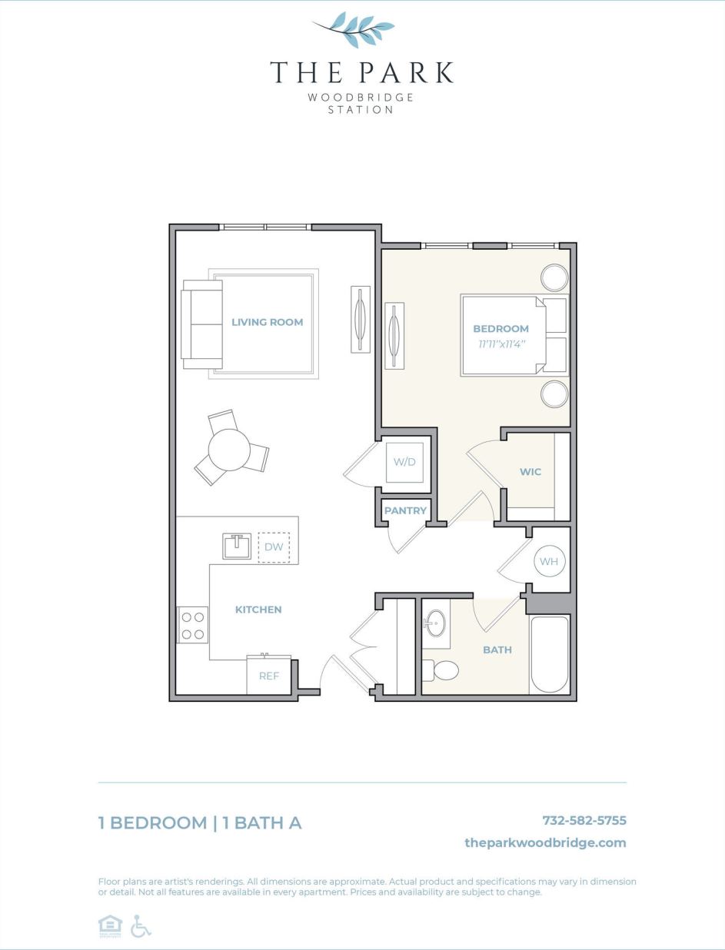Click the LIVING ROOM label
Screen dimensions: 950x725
(267, 322)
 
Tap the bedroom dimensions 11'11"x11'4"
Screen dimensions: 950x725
(501, 344)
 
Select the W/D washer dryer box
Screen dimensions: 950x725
(404, 463)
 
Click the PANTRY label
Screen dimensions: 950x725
(405, 510)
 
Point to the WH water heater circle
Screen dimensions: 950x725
(548, 561)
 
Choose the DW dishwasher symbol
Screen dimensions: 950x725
(274, 547)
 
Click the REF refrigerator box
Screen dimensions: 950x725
(268, 676)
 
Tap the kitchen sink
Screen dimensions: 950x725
(238, 546)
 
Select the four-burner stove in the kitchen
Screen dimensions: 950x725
(193, 625)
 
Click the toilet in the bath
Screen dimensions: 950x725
(441, 670)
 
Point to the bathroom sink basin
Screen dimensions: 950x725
(437, 623)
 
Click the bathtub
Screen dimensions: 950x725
(549, 655)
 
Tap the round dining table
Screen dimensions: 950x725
(229, 450)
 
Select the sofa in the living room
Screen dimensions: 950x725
(201, 324)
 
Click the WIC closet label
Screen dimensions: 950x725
(530, 472)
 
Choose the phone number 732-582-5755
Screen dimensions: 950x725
(584, 820)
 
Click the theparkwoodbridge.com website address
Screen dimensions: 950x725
(545, 842)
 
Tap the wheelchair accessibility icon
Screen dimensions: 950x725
(140, 926)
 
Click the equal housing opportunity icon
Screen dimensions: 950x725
(110, 926)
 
